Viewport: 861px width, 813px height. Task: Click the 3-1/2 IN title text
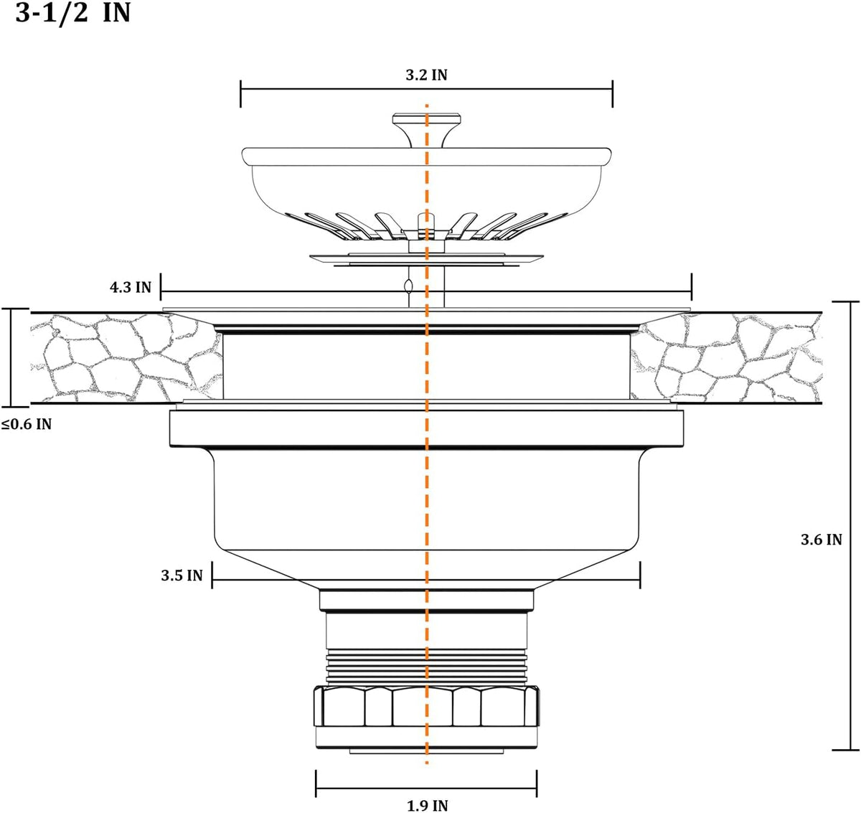click(73, 13)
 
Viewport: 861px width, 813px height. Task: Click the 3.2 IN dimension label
click(426, 75)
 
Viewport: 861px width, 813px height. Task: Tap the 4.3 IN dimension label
click(131, 287)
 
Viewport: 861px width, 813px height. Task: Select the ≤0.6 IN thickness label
click(27, 424)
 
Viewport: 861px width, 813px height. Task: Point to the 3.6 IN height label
click(821, 540)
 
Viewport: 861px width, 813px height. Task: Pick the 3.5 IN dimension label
click(182, 575)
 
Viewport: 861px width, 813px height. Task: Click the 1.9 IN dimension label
click(428, 806)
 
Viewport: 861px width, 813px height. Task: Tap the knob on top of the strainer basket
click(427, 130)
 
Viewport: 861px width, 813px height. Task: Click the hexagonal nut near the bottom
click(427, 706)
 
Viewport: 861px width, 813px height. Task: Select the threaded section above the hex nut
click(427, 667)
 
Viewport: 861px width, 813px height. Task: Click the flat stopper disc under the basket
click(427, 259)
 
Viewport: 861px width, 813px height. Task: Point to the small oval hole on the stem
click(408, 286)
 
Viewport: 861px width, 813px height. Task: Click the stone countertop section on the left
click(126, 358)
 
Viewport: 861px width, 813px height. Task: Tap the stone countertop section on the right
click(726, 358)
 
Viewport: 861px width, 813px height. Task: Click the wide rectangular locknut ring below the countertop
click(427, 428)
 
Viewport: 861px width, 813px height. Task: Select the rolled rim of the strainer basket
click(427, 156)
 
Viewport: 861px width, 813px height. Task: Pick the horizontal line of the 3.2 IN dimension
click(427, 89)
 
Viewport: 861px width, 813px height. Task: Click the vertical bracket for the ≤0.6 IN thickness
click(11, 357)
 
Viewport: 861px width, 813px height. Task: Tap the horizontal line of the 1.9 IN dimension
click(427, 786)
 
